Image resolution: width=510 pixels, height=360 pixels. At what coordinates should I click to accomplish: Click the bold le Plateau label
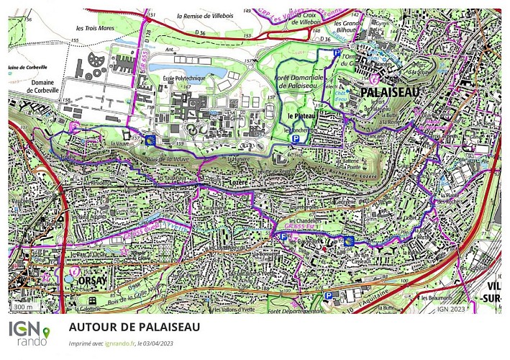[x=302, y=115]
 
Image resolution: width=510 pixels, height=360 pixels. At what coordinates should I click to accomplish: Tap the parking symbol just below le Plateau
[x=294, y=139]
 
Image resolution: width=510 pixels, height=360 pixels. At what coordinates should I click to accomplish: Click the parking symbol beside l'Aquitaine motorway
[x=329, y=295]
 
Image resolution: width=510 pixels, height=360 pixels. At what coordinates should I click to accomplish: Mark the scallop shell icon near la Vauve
[x=150, y=140]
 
